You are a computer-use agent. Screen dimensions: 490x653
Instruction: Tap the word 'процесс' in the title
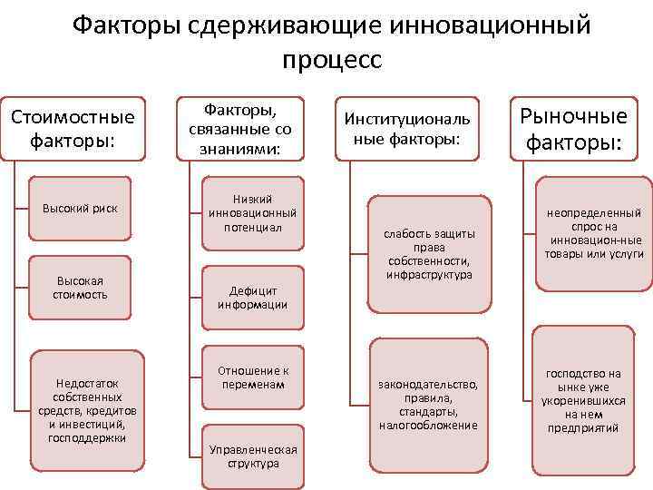(332, 60)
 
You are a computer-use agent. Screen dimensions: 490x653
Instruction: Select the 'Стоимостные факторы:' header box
(73, 129)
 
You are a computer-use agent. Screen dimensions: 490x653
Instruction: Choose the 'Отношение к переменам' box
(253, 377)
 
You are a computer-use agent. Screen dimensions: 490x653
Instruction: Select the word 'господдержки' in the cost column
(86, 438)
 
